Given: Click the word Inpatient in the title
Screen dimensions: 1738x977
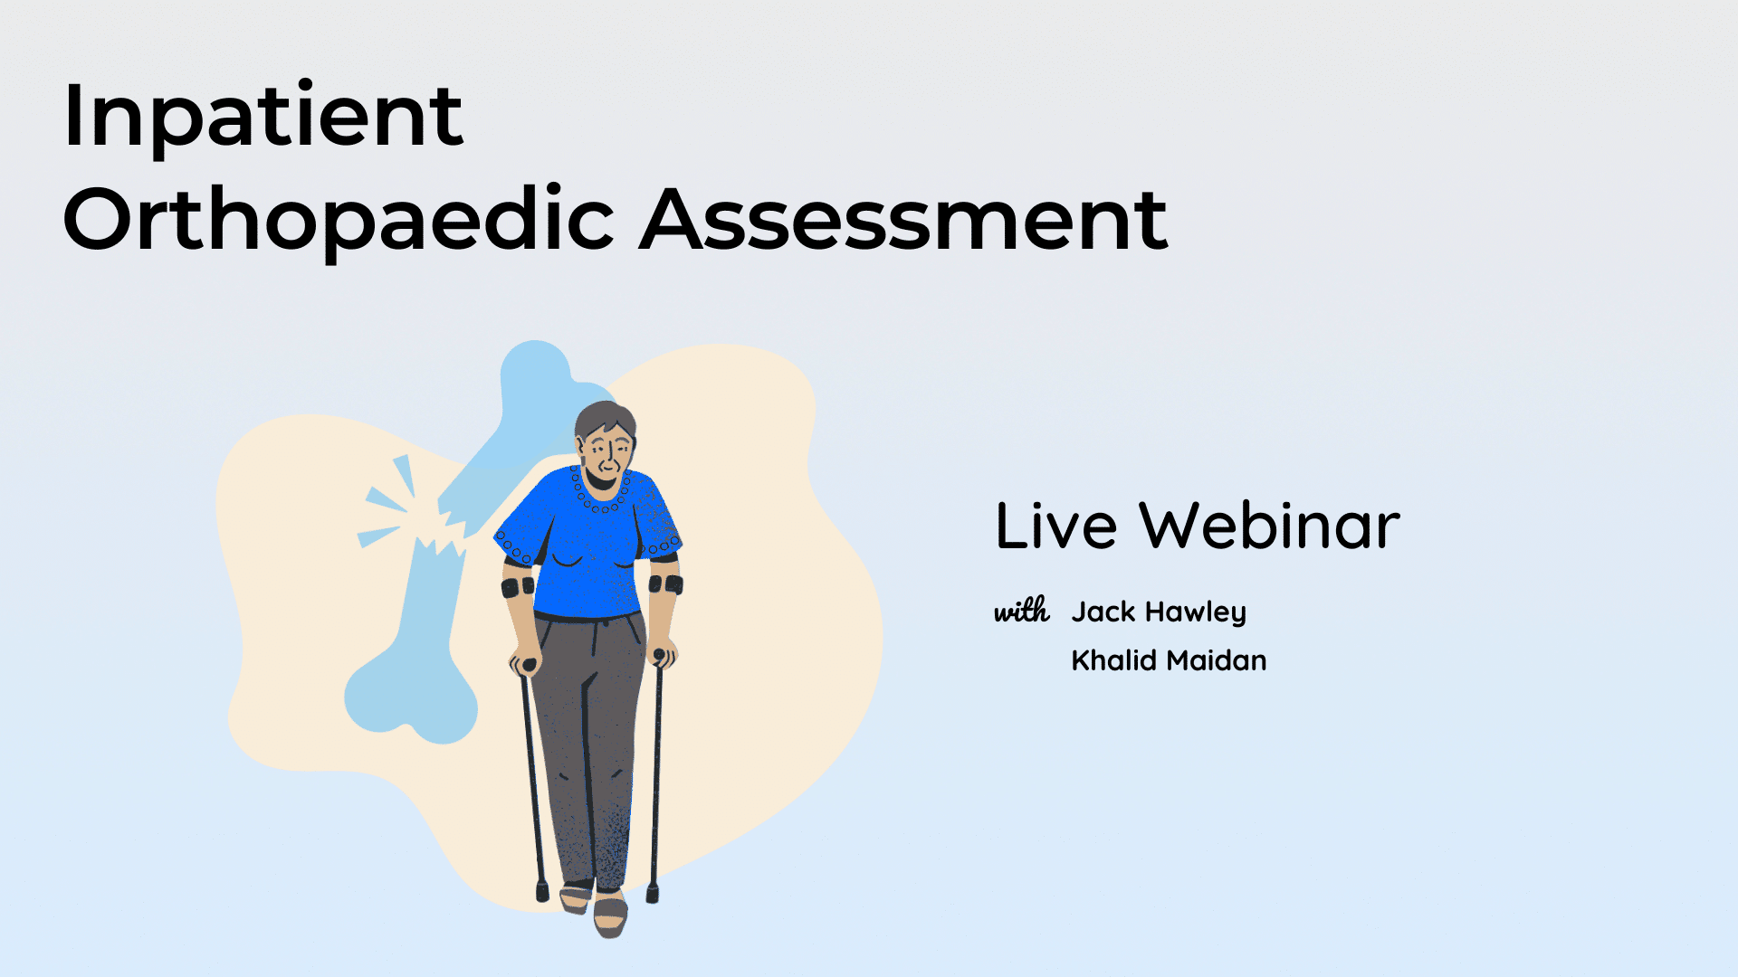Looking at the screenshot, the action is click(263, 116).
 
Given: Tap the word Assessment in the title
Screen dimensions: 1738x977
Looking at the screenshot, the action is click(904, 220).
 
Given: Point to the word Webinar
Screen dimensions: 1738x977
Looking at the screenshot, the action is click(1270, 526).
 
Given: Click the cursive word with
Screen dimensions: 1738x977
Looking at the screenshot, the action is click(1022, 611).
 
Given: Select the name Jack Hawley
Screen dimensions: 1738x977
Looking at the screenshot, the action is click(1159, 612).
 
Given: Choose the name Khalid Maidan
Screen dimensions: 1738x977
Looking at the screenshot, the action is click(1169, 660).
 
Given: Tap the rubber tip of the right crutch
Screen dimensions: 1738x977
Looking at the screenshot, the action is click(652, 892).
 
